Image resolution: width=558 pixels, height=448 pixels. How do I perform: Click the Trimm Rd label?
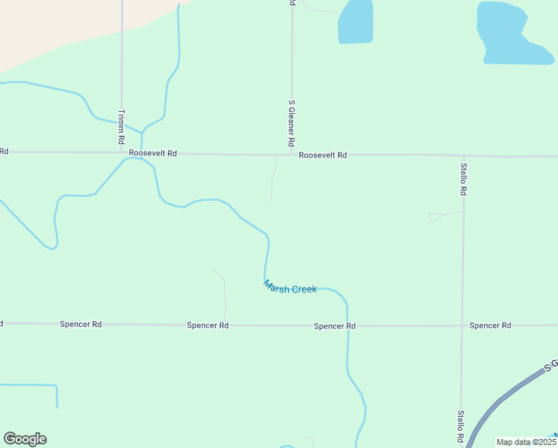pos(121,127)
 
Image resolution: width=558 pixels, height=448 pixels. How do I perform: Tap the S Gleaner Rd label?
pos(292,122)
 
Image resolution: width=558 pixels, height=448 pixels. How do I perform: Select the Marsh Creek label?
pos(290,287)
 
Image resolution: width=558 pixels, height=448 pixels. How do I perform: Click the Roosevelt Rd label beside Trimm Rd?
pos(152,153)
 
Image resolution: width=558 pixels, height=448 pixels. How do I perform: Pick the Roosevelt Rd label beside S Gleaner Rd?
pos(323,155)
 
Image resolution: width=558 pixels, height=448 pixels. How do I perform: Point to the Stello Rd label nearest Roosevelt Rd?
pos(463,179)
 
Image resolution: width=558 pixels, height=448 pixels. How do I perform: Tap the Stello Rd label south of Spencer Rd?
pos(461,426)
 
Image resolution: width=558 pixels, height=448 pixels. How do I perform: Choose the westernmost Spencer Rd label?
pos(81,324)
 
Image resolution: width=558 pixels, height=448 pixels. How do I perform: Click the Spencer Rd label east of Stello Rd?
pos(490,326)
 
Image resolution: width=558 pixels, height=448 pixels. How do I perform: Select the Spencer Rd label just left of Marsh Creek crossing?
pos(334,326)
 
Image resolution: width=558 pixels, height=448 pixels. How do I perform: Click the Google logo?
pos(25,439)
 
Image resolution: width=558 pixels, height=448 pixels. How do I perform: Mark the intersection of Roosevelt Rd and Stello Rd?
pos(463,156)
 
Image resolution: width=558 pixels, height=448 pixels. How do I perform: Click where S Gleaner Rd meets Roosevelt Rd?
pos(291,155)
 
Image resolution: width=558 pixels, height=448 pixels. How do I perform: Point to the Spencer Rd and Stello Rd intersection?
pos(462,326)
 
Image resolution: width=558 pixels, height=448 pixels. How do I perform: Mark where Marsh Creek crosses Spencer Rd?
pos(348,326)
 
